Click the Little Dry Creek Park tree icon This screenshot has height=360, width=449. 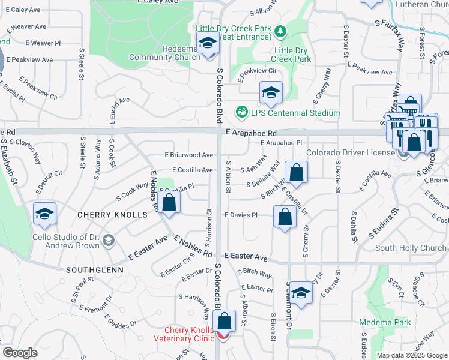[279, 30]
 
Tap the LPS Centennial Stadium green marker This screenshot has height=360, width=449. [241, 112]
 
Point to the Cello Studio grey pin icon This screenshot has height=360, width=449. [108, 241]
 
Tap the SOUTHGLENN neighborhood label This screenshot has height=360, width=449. [95, 270]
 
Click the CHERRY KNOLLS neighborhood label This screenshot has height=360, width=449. [112, 214]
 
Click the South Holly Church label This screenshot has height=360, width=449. [411, 248]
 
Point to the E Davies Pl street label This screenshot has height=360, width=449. [241, 215]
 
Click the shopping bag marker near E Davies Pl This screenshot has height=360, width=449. [285, 216]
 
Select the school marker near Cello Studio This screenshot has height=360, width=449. [45, 215]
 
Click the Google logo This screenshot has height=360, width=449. [20, 353]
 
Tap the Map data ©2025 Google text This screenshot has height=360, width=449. [412, 355]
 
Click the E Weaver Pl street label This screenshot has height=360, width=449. [43, 43]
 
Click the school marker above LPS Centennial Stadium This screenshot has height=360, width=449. [271, 92]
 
